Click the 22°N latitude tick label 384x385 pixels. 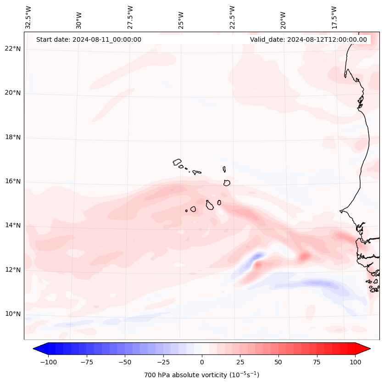pos(13,49)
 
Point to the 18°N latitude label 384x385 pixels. pos(13,137)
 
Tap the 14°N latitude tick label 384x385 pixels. pos(13,225)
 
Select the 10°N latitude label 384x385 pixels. pos(13,314)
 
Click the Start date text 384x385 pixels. pos(89,39)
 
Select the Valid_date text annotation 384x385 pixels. pos(308,39)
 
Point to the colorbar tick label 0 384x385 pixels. pos(202,362)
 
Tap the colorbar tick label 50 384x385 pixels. pos(278,362)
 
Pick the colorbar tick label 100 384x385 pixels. pos(355,362)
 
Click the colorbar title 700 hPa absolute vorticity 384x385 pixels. pos(202,375)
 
